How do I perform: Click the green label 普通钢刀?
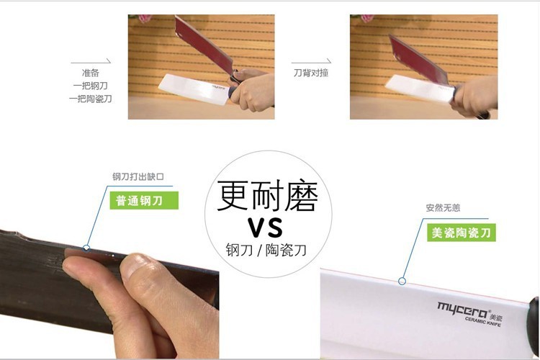tap(144, 200)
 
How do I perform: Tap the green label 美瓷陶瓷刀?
tap(461, 233)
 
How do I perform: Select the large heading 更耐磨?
tap(268, 195)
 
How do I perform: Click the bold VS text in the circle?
tap(266, 228)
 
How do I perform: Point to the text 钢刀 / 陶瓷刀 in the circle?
tap(266, 250)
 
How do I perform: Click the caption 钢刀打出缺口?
tap(138, 176)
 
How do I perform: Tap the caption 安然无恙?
tap(443, 208)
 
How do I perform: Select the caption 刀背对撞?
tap(311, 73)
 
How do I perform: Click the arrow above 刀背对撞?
tap(311, 62)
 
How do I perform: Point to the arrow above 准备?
tap(91, 62)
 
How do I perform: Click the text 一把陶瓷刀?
tap(90, 99)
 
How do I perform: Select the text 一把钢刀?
tap(90, 86)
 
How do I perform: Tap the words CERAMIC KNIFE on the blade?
tap(483, 321)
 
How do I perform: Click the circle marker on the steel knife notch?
tap(86, 248)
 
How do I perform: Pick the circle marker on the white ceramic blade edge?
tap(402, 282)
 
